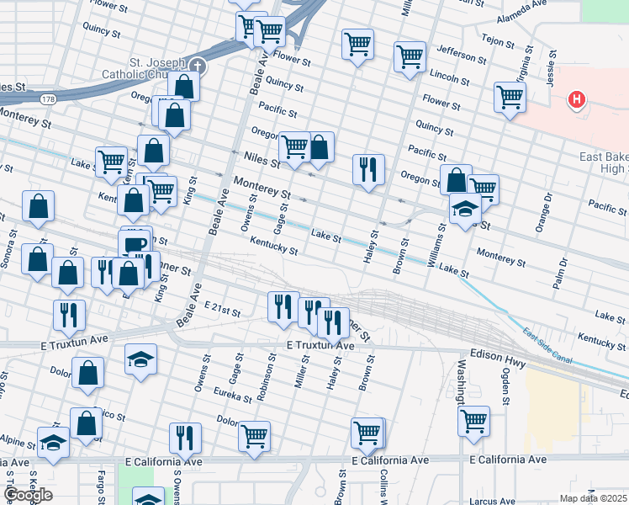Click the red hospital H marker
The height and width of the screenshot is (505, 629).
[576, 100]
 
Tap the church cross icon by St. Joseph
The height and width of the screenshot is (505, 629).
[197, 65]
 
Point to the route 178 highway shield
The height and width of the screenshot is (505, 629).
[50, 99]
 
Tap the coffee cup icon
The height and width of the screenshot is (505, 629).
[135, 244]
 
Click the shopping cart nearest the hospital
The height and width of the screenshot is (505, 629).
[510, 97]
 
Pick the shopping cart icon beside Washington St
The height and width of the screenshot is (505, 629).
[474, 419]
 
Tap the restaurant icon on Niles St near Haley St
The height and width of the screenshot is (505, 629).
[368, 168]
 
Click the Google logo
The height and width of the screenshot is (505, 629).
[27, 495]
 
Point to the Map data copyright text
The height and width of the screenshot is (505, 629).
[594, 498]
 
